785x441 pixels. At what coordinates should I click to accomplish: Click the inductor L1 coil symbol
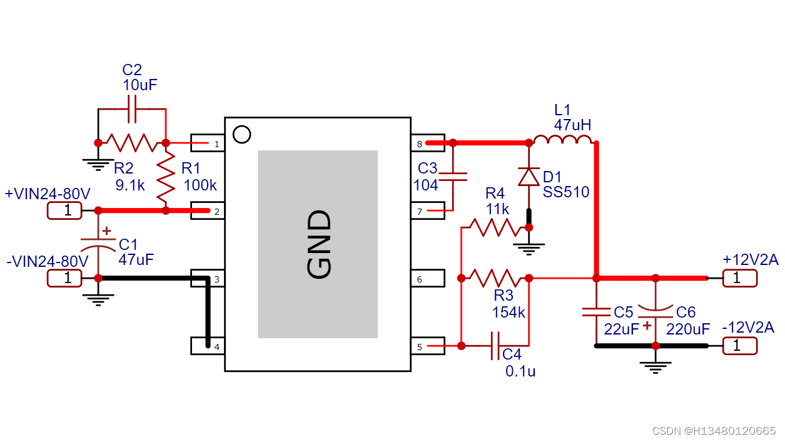(x=562, y=140)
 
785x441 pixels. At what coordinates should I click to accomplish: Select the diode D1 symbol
(x=529, y=177)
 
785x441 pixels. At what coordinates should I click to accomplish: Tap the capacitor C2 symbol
(x=132, y=108)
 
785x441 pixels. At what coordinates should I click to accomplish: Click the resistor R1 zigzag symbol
(x=166, y=177)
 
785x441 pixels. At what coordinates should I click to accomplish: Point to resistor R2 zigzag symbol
(x=131, y=143)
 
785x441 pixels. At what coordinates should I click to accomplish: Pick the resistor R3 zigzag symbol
(x=495, y=277)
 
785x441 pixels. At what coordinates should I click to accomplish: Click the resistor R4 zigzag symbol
(x=495, y=227)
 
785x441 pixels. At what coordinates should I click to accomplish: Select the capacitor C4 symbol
(x=495, y=345)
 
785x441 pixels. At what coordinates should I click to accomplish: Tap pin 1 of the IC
(x=208, y=143)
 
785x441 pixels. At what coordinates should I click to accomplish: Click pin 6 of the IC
(x=427, y=278)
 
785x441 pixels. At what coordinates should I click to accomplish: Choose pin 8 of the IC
(x=427, y=143)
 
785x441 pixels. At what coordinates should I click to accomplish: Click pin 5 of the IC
(x=427, y=346)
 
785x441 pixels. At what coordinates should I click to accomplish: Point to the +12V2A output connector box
(x=739, y=278)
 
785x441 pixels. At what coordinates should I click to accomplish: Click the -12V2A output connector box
(x=739, y=345)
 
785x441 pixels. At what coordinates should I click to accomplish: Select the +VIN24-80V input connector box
(x=64, y=210)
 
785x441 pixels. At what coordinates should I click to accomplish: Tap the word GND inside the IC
(x=318, y=244)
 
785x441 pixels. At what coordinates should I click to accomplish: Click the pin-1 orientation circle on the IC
(x=241, y=134)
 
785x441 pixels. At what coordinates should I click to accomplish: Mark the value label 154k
(x=509, y=312)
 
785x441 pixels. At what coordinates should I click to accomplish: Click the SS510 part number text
(x=566, y=192)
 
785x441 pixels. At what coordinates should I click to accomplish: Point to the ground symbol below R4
(x=529, y=249)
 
